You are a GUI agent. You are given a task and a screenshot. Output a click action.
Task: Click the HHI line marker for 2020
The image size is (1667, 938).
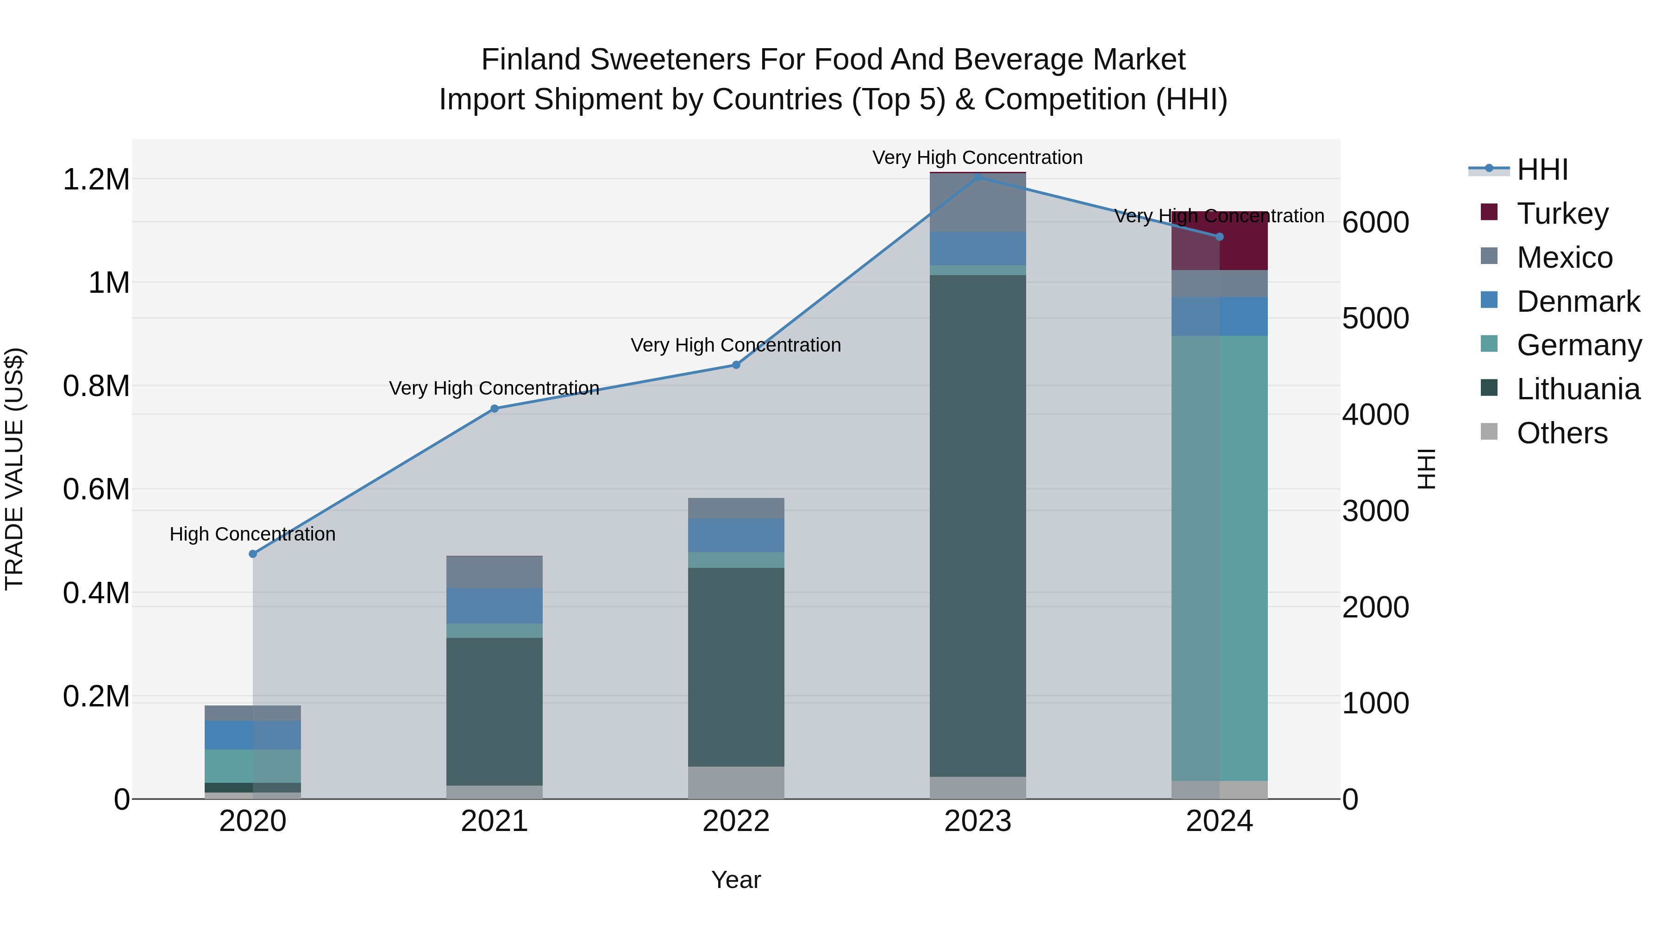click(253, 554)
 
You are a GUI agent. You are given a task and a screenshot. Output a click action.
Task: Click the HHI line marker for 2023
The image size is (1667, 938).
click(978, 177)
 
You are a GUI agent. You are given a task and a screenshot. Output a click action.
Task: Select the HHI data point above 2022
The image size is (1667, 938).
click(736, 365)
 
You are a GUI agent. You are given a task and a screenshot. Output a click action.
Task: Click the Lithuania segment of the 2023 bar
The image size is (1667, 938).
click(978, 524)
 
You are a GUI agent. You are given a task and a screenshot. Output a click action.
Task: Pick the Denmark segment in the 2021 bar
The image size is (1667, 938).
click(495, 605)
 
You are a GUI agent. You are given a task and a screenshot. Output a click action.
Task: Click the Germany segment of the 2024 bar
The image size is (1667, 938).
click(1219, 557)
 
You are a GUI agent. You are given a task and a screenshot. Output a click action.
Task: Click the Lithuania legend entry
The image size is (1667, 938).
click(1577, 390)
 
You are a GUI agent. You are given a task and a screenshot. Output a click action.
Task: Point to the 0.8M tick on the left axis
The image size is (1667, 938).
click(96, 386)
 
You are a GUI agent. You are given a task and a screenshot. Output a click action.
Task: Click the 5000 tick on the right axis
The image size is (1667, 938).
click(1375, 319)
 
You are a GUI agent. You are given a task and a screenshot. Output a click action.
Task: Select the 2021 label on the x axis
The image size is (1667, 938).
click(495, 821)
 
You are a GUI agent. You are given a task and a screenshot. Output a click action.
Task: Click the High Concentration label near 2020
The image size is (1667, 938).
click(252, 534)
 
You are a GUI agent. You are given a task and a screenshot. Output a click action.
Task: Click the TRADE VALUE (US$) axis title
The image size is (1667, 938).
click(14, 469)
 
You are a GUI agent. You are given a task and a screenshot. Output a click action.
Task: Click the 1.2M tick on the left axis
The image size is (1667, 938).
click(96, 180)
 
